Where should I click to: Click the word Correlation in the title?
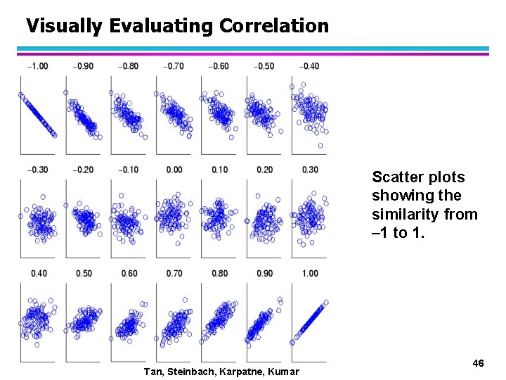[x=273, y=26]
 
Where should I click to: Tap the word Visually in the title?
[x=64, y=26]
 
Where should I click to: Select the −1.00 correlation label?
[x=38, y=66]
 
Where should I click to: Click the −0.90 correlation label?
[x=84, y=66]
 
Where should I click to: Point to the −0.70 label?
[x=174, y=66]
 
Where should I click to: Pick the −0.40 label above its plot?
[x=309, y=66]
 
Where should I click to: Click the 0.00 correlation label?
[x=174, y=170]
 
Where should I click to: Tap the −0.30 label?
[x=38, y=170]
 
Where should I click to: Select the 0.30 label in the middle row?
[x=309, y=170]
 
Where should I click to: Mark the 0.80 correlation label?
[x=219, y=273]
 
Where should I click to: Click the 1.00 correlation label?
[x=309, y=273]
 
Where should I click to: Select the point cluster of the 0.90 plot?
[x=261, y=322]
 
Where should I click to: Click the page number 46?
[x=478, y=363]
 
